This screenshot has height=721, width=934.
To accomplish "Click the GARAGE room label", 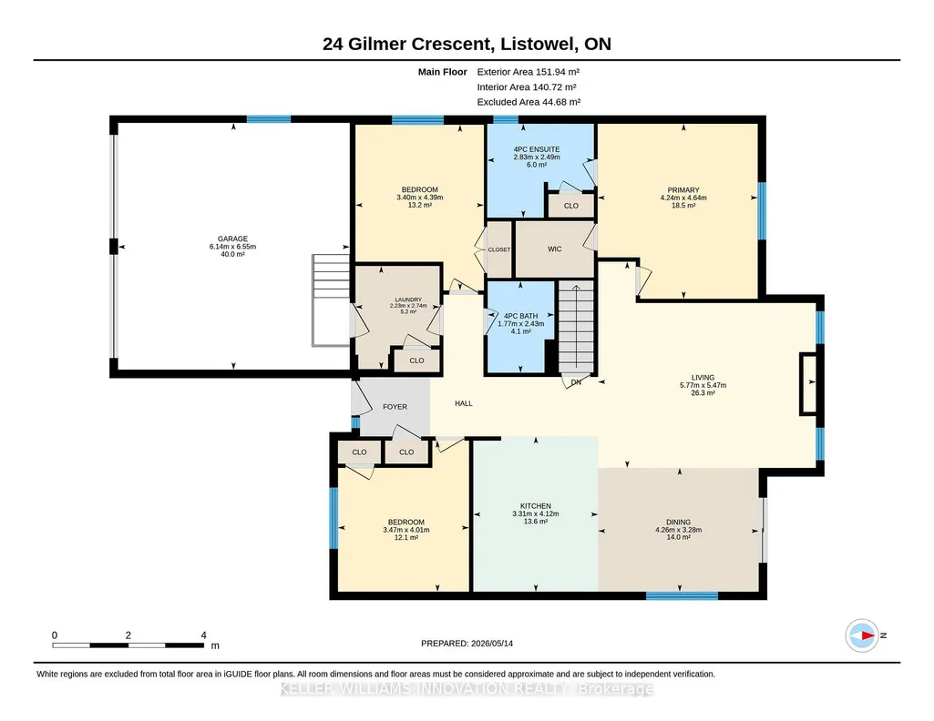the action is click(232, 239).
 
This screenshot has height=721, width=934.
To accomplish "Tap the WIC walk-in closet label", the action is click(555, 249).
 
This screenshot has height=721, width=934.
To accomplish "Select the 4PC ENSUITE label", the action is click(537, 149).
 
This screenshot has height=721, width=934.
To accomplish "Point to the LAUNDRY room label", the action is click(408, 300).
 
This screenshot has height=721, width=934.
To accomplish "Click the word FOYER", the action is click(395, 407).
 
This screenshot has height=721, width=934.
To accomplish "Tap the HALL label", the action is click(464, 403).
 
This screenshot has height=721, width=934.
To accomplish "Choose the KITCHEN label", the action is click(536, 506).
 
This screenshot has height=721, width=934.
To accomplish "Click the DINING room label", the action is click(679, 523).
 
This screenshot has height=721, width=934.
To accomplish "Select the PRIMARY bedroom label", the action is click(683, 190).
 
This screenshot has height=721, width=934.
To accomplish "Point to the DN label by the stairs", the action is click(576, 382).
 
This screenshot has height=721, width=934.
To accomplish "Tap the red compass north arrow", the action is click(867, 635).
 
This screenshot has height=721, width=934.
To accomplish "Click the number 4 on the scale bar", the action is click(204, 635).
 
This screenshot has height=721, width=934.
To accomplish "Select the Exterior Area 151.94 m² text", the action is click(529, 72).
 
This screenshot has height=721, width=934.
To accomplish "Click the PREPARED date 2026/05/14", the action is click(491, 643).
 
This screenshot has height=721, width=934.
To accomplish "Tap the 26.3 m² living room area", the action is click(703, 392).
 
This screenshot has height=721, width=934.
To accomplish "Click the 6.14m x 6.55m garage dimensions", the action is click(232, 247).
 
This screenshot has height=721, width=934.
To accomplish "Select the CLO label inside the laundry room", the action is click(417, 360).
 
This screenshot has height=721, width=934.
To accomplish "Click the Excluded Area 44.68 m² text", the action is click(529, 102).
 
